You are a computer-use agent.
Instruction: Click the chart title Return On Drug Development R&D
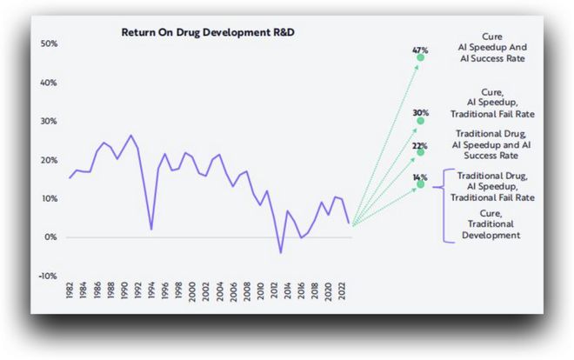[208, 32]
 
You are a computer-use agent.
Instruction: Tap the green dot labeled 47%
[421, 57]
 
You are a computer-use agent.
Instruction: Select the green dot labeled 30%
[421, 120]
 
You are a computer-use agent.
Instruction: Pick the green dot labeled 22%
[421, 152]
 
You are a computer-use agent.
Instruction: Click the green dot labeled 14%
[421, 184]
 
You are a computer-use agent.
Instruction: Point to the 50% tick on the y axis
[49, 43]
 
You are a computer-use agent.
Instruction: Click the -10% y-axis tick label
[48, 276]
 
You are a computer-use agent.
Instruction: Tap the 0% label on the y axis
[51, 237]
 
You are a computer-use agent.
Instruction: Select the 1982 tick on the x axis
[70, 290]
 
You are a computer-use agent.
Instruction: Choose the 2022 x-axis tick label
[342, 290]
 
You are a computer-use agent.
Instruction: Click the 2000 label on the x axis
[192, 291]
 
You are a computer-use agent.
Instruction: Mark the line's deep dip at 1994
[151, 230]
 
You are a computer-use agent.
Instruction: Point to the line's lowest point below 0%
[281, 252]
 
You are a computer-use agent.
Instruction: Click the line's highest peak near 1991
[130, 136]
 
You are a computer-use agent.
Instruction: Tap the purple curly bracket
[444, 205]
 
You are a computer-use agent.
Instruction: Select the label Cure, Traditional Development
[491, 223]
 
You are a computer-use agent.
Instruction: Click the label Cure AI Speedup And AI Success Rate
[492, 47]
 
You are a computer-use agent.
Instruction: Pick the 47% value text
[420, 50]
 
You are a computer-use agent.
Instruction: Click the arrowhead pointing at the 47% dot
[417, 67]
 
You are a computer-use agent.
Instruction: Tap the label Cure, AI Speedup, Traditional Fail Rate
[492, 103]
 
